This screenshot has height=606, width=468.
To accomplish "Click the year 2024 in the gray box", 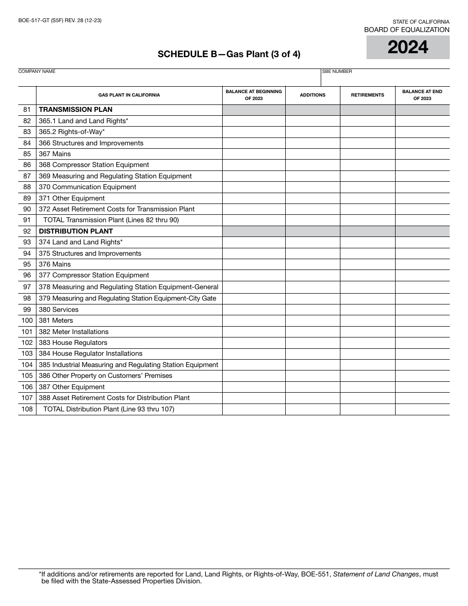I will pos(408,47).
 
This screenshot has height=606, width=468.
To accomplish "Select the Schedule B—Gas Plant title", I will pos(229,54).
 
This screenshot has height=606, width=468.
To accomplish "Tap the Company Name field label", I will pos(37,71).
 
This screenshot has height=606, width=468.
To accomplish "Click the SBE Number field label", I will pos(337,71).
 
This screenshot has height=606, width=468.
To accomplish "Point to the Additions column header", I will pos(312,95).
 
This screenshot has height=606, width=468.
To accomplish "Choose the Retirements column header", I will pos(368,95).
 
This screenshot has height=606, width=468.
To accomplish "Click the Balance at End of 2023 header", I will pos(422,95).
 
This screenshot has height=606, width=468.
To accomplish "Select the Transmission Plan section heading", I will pos(75,110).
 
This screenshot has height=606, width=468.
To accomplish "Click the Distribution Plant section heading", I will pos(76,231).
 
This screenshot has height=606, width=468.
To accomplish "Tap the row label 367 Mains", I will pos(55,154).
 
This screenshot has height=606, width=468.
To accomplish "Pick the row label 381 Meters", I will pos(56,320).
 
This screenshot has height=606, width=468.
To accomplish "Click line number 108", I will pos(27,409).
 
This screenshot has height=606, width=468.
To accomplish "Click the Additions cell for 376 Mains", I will pos(312,264).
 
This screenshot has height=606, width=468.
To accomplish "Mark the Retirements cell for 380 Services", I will pos(368,309).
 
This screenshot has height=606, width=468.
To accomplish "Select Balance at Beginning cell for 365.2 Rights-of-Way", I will pos(254,132).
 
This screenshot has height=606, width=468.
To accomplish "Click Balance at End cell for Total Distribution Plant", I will pos(422,409).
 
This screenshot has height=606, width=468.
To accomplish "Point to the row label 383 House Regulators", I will pos(73,342).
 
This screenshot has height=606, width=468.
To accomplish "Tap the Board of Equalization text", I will pos(406,30).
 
